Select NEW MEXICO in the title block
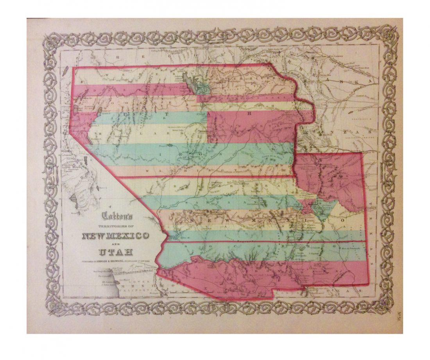tap(115, 236)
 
